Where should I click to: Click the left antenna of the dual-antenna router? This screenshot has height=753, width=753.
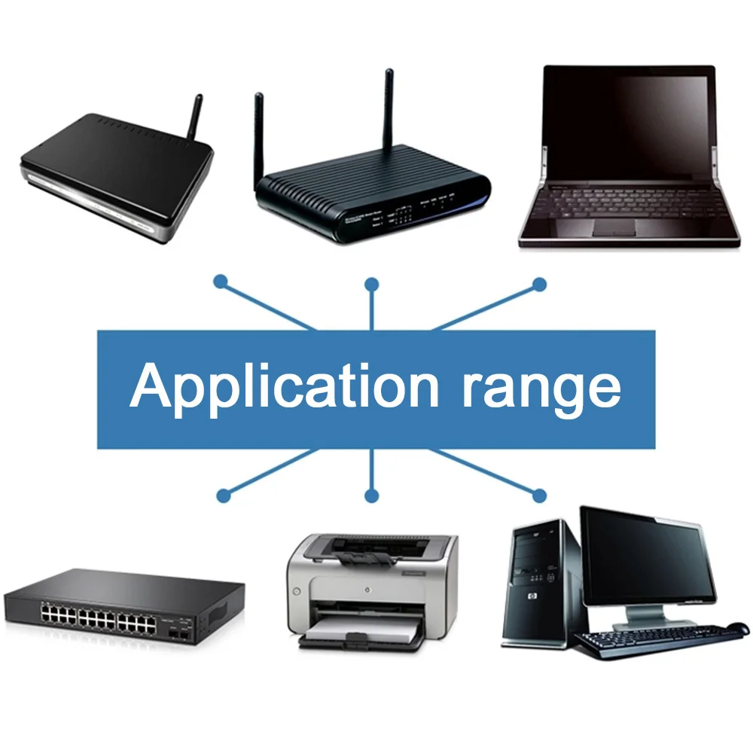point(260,136)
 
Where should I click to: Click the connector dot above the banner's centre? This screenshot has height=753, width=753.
point(371,284)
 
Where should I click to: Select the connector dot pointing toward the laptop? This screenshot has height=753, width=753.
point(539,284)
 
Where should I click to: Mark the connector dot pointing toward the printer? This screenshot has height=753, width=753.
point(370,495)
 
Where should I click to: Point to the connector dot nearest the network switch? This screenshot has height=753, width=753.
point(222,495)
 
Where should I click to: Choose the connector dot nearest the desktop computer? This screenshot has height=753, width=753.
point(539,495)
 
